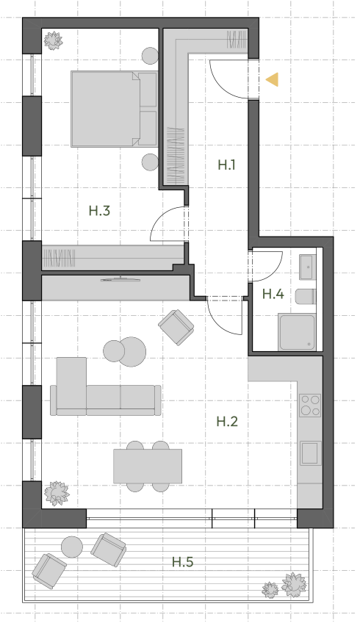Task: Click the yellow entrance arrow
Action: click(272, 79)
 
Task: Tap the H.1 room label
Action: click(227, 165)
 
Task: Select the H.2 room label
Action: click(227, 421)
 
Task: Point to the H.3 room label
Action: click(99, 211)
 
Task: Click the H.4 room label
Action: click(273, 294)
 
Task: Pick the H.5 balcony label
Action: click(183, 562)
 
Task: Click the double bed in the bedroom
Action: click(114, 109)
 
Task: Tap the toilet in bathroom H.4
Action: click(306, 296)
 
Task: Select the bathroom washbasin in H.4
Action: click(308, 267)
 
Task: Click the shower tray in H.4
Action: click(298, 332)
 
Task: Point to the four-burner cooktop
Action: click(310, 406)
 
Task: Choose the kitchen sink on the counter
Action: click(310, 453)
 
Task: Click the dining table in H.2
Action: click(148, 466)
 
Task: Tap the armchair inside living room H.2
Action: click(176, 327)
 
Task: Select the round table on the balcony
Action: click(72, 547)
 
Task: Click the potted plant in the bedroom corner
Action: click(53, 40)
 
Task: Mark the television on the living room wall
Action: click(120, 279)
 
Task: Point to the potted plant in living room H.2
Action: click(57, 494)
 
